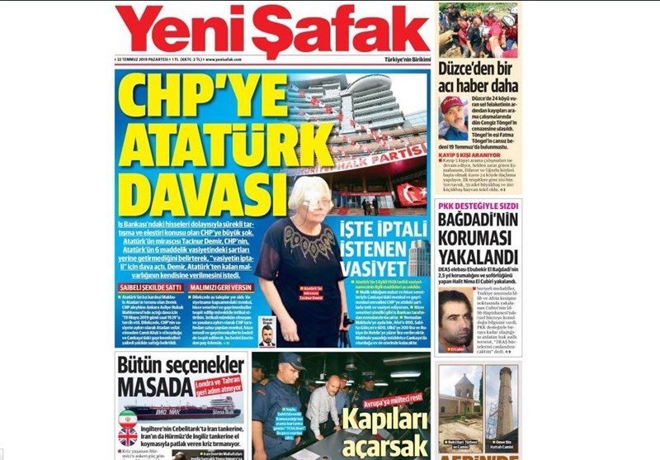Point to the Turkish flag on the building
click(411, 193)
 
